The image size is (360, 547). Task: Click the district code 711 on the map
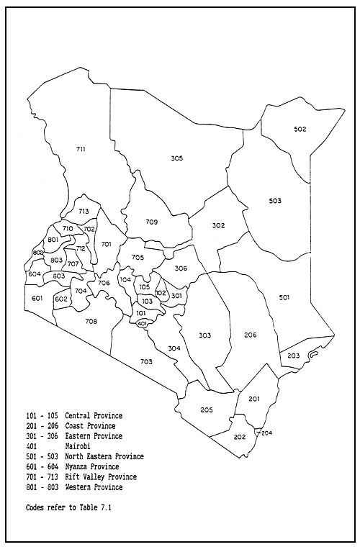tap(81, 149)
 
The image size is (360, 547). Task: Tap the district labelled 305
tap(177, 158)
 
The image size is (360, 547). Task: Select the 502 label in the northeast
tap(300, 130)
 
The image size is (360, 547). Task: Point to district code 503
tap(275, 201)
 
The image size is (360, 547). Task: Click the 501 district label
tap(284, 297)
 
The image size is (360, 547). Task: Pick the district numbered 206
tap(250, 335)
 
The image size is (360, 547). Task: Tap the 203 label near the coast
tap(293, 356)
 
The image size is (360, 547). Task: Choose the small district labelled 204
tap(266, 433)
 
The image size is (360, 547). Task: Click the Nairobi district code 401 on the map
tap(142, 324)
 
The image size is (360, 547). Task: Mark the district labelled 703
tap(146, 361)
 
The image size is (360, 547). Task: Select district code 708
tap(91, 321)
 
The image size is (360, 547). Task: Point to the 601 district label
tap(37, 298)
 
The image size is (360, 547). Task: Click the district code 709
tap(151, 222)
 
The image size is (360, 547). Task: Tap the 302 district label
tap(219, 226)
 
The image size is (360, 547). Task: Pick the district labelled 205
tap(207, 410)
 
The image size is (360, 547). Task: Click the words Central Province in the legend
tap(94, 416)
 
